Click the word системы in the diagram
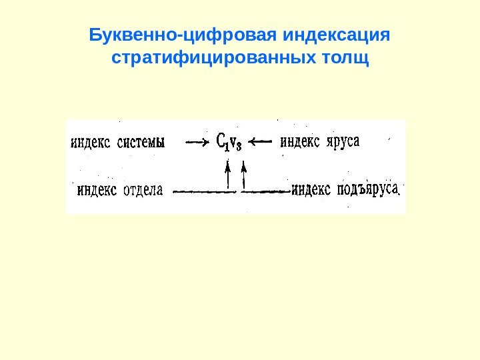pyautogui.click(x=142, y=142)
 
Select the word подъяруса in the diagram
pyautogui.click(x=367, y=190)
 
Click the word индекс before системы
pyautogui.click(x=91, y=142)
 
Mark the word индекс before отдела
pyautogui.click(x=97, y=190)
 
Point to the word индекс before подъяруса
pyautogui.click(x=312, y=190)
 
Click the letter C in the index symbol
pyautogui.click(x=221, y=141)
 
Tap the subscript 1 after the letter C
pyautogui.click(x=227, y=144)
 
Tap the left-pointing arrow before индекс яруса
pyautogui.click(x=263, y=141)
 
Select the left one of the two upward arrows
pyautogui.click(x=228, y=175)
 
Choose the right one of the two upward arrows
pyautogui.click(x=244, y=175)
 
